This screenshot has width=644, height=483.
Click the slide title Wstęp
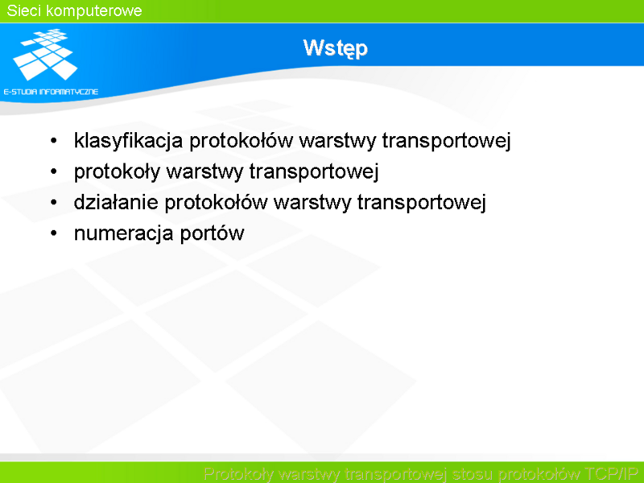pyautogui.click(x=335, y=48)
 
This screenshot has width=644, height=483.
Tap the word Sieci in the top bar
pyautogui.click(x=24, y=10)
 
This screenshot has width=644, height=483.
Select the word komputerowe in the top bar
pyautogui.click(x=94, y=11)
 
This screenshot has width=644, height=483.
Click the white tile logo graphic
pyautogui.click(x=45, y=54)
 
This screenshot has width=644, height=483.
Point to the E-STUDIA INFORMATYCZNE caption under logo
pyautogui.click(x=51, y=92)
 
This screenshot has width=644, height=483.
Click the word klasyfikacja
pyautogui.click(x=128, y=141)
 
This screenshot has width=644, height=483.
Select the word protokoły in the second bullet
pyautogui.click(x=117, y=171)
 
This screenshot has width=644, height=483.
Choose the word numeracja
pyautogui.click(x=124, y=233)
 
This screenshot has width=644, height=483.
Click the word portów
pyautogui.click(x=213, y=233)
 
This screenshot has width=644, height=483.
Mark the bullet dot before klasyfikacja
pyautogui.click(x=54, y=141)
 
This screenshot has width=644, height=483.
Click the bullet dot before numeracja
pyautogui.click(x=54, y=233)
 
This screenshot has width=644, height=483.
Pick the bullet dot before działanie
pyautogui.click(x=54, y=203)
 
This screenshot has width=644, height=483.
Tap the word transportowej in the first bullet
pyautogui.click(x=447, y=141)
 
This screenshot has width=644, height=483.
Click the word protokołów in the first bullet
pyautogui.click(x=241, y=141)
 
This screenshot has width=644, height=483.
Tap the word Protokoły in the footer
pyautogui.click(x=238, y=474)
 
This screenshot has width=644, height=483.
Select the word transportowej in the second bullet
pyautogui.click(x=314, y=171)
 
